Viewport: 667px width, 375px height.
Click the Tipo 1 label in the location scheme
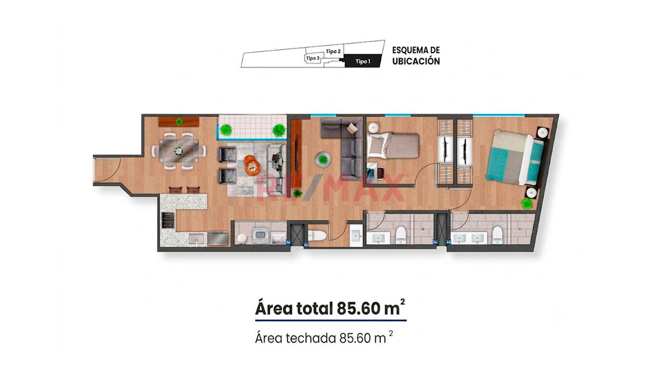click(363, 61)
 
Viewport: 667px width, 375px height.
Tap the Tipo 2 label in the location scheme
click(333, 51)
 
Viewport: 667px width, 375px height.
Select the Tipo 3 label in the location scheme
click(313, 58)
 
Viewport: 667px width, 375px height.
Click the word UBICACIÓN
click(416, 61)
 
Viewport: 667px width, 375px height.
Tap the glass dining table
click(178, 151)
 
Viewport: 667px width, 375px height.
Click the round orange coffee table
click(252, 165)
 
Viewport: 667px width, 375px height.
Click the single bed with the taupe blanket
click(393, 146)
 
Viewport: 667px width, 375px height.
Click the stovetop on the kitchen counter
click(168, 220)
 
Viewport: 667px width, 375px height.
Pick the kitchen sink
click(197, 239)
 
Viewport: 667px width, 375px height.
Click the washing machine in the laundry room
click(261, 236)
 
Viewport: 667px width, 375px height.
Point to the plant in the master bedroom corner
click(526, 204)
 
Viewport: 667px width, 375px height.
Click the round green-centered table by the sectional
click(323, 159)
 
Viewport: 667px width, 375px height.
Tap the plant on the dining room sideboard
click(179, 121)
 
